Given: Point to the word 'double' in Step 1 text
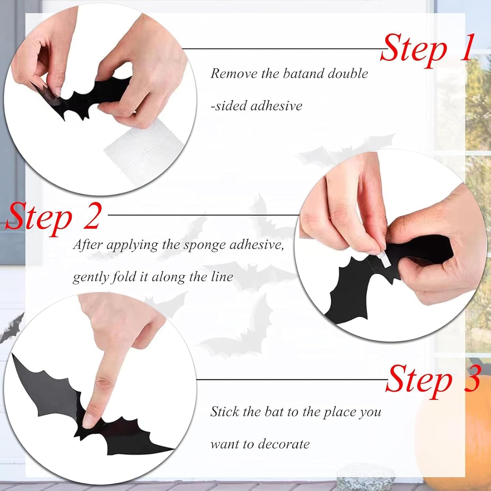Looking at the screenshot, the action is tap(348, 73).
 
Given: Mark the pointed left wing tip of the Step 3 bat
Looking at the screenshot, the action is tap(12, 354).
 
